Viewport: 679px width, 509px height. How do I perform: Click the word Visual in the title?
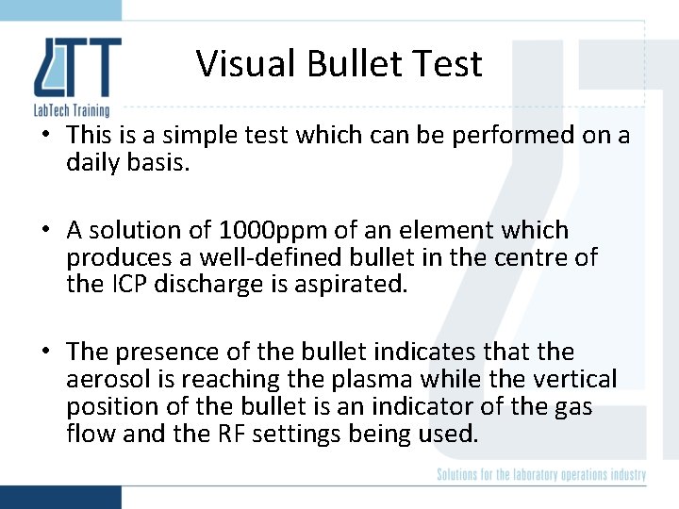[239, 64]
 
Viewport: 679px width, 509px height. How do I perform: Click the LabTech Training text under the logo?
[72, 110]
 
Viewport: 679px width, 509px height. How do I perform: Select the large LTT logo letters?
[76, 69]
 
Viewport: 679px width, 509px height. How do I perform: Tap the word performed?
[515, 136]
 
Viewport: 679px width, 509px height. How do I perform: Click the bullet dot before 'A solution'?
[44, 231]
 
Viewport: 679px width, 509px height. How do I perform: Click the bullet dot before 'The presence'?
[44, 353]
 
